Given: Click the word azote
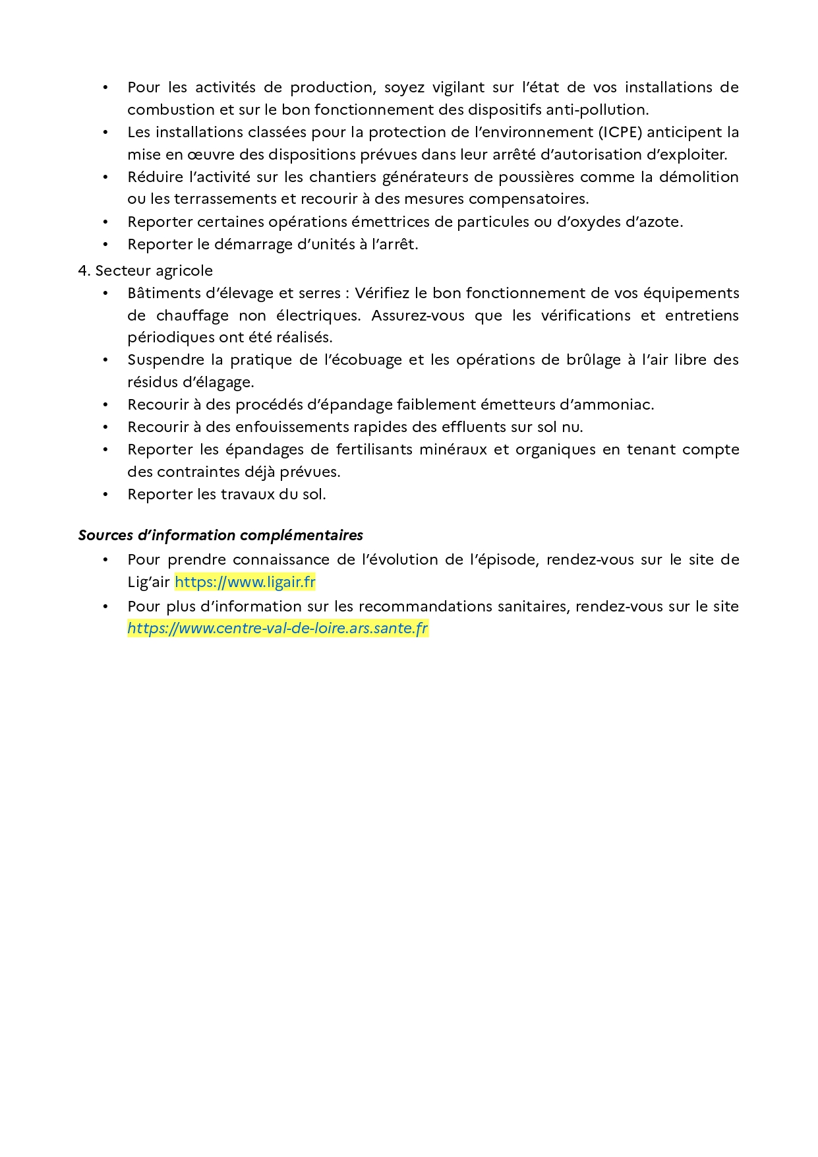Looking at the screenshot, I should (661, 222).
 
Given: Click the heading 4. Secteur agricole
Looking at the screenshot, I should (146, 270).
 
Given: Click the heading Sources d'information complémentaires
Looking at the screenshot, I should (221, 535).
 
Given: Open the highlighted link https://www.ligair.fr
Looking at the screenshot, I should (245, 582).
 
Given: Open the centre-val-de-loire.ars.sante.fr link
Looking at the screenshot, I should (278, 628).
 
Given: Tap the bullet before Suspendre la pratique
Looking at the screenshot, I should (105, 360).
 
